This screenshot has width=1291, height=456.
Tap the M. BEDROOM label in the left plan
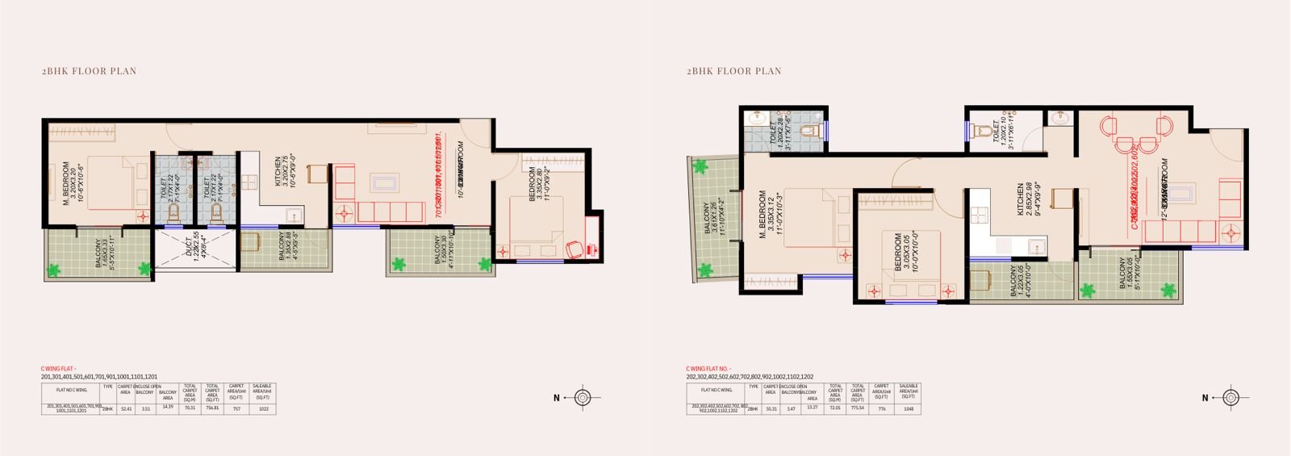(76, 186)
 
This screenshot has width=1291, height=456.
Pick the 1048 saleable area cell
(908, 409)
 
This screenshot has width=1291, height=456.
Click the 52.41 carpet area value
(125, 409)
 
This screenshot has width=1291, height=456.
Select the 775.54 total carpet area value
(858, 409)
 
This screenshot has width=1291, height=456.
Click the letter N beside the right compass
(1205, 398)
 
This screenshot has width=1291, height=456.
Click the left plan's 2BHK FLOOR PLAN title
(89, 71)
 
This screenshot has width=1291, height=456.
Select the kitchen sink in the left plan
(294, 214)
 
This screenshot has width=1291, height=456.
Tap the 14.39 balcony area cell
(168, 409)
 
